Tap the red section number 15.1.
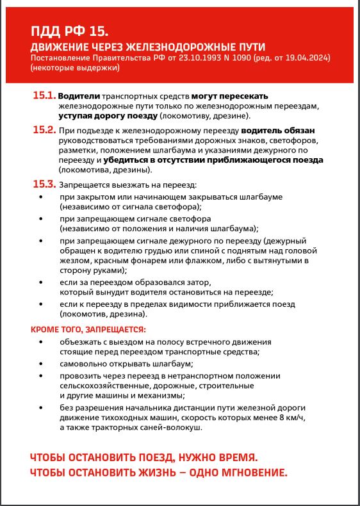[x=44, y=96]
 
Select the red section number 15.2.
[x=44, y=130]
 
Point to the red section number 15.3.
[x=44, y=184]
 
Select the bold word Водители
[x=79, y=96]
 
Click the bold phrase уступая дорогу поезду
[x=108, y=116]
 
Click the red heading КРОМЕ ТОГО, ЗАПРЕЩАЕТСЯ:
[x=88, y=329]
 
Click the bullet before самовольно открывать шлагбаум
[x=42, y=363]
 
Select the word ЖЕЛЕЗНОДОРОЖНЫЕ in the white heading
[x=170, y=47]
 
